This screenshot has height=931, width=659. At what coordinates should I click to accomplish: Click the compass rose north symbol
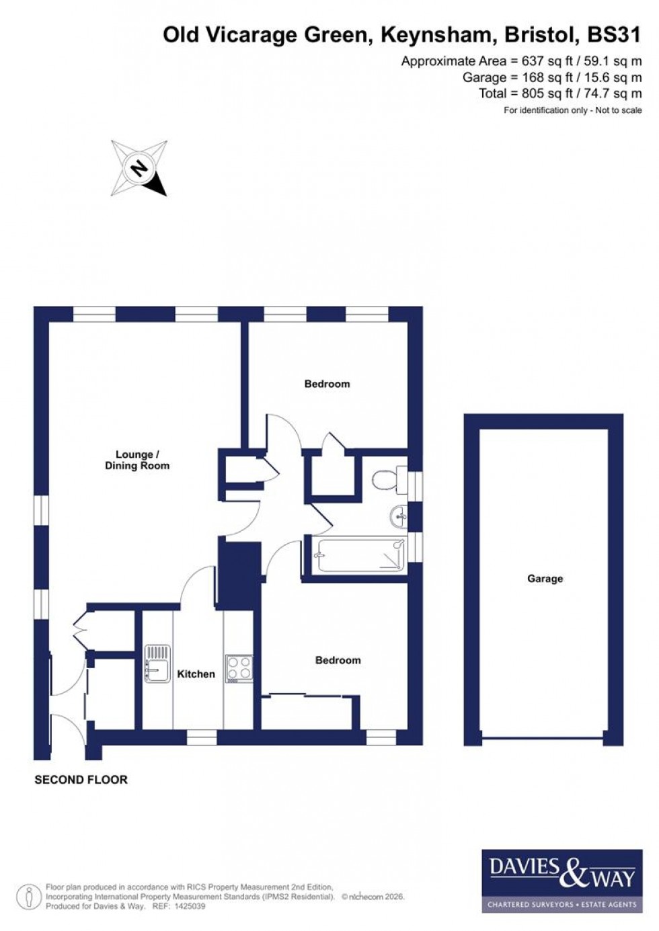(x=139, y=168)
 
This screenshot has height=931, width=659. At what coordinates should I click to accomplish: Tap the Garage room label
(x=545, y=579)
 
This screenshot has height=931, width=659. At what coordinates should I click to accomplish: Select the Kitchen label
(x=196, y=674)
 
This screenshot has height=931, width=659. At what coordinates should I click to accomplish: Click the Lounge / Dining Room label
(x=137, y=460)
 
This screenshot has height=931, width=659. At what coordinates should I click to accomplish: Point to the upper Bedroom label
(x=327, y=384)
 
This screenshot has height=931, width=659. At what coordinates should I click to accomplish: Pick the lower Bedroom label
(x=338, y=660)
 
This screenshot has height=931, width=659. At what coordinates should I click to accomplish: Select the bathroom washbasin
(x=399, y=517)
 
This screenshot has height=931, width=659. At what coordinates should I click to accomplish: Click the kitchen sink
(x=157, y=665)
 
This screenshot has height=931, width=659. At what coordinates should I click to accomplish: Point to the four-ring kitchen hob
(x=239, y=668)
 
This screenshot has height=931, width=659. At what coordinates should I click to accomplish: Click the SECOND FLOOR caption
(x=81, y=780)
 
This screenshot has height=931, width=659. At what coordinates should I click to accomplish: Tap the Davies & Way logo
(x=562, y=880)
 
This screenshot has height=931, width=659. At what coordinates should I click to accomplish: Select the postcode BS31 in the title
(x=614, y=35)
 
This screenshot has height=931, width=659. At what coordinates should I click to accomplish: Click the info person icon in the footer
(x=29, y=897)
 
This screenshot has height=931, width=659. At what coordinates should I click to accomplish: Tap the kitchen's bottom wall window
(x=201, y=738)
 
